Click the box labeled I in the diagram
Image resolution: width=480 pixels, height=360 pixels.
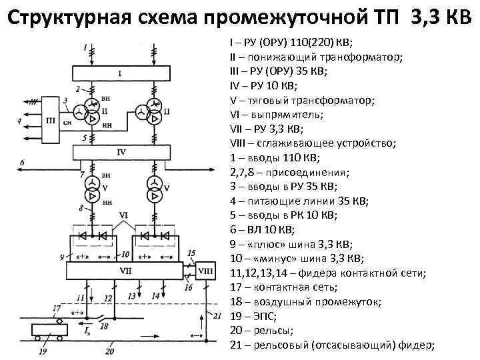coord(121,73)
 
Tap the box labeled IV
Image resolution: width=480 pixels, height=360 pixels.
coord(121,153)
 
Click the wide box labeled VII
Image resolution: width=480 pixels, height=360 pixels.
coord(125,271)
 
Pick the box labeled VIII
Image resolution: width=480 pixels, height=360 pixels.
coord(207,271)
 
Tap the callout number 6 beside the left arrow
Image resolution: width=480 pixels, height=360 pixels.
coord(22,163)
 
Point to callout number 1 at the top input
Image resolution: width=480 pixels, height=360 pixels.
coord(85,47)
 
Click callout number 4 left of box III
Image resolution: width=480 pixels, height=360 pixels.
coord(19,121)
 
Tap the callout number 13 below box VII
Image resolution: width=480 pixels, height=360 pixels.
coord(131,295)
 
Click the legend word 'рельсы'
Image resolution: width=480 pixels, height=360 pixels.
coord(273,331)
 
